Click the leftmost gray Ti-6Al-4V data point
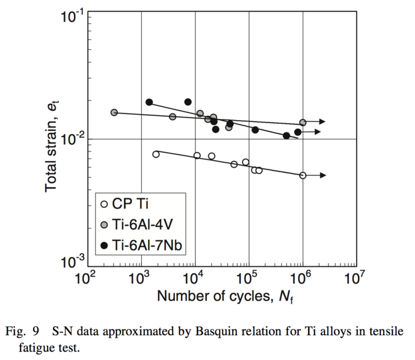(x=114, y=112)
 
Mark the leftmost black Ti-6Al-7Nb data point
(x=149, y=102)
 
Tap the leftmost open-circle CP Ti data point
(x=156, y=154)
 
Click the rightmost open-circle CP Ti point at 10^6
(x=303, y=175)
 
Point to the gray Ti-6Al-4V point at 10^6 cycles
(x=303, y=123)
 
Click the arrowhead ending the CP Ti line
(x=323, y=175)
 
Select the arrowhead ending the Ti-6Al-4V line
(x=323, y=122)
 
